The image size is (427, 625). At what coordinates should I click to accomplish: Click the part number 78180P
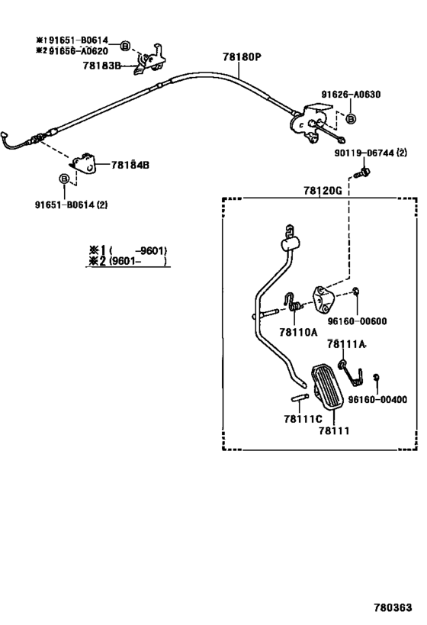pos(242,57)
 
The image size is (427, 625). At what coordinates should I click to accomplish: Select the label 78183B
pos(101,66)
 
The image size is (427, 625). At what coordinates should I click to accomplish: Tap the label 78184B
pos(130,165)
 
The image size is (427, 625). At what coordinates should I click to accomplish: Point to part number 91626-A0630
pos(351,95)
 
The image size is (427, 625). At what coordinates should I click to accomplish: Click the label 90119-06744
pos(364,153)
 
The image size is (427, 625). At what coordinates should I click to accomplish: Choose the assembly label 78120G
pos(323,191)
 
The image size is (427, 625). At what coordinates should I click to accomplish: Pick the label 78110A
pos(298,332)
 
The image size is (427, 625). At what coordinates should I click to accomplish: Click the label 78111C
pos(303,419)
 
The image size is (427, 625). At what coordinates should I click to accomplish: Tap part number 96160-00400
pos(377,399)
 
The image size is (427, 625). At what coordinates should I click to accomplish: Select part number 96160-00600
pos(357,321)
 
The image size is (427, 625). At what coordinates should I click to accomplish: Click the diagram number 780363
pos(393,607)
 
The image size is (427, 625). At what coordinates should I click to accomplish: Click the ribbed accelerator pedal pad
pos(327,386)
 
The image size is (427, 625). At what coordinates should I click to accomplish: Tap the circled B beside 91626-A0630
pos(351,118)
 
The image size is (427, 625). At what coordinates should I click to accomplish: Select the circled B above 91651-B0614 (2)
pos(64,179)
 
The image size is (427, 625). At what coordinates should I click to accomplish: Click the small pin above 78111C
pos(300,398)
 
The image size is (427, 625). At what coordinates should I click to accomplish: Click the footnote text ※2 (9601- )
pos(128,261)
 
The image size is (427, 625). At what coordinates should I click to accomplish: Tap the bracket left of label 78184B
pos(84,163)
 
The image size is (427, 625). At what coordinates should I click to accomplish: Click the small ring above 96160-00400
pos(376,377)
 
